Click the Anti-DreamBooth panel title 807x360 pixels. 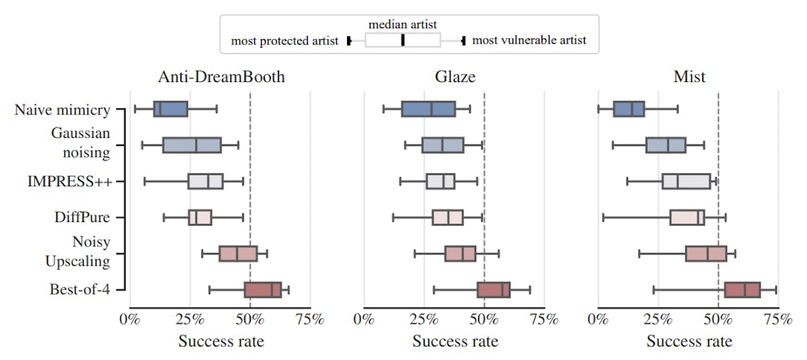pyautogui.click(x=221, y=77)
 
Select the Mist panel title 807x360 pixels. pyautogui.click(x=689, y=77)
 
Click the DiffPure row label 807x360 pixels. pyautogui.click(x=81, y=217)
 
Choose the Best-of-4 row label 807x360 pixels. pyautogui.click(x=79, y=290)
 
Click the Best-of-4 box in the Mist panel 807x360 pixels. pyautogui.click(x=742, y=290)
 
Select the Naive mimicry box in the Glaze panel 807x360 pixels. pyautogui.click(x=428, y=109)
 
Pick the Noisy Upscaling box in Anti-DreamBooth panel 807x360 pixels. pyautogui.click(x=238, y=254)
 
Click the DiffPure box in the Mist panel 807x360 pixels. pyautogui.click(x=687, y=217)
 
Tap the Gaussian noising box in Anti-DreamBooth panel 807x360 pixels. pyautogui.click(x=192, y=145)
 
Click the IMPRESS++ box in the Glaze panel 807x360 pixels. pyautogui.click(x=440, y=182)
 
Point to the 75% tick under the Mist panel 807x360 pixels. pyautogui.click(x=778, y=319)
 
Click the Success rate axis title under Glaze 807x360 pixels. pyautogui.click(x=455, y=341)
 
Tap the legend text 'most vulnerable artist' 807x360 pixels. pyautogui.click(x=529, y=40)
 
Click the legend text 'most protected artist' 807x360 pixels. pyautogui.click(x=284, y=40)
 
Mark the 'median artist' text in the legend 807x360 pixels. pyautogui.click(x=402, y=25)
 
